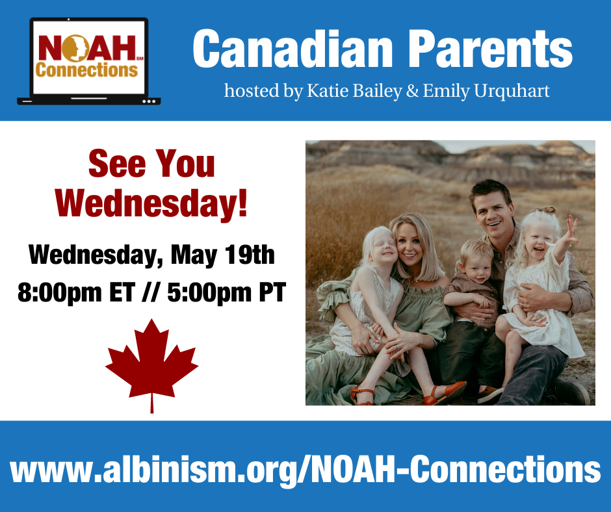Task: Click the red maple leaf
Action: [x=151, y=363]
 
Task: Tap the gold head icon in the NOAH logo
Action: [x=75, y=48]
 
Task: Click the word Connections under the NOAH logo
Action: [x=86, y=70]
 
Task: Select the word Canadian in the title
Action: [x=292, y=49]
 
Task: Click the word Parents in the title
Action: [x=490, y=49]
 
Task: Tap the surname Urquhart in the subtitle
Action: [x=512, y=92]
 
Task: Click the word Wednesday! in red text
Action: [x=151, y=203]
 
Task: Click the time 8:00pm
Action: [x=60, y=292]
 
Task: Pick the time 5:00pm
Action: [x=210, y=292]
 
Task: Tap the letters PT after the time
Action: [x=273, y=292]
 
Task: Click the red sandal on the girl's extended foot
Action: [x=445, y=392]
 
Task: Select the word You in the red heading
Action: [x=185, y=164]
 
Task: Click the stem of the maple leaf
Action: [x=151, y=403]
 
